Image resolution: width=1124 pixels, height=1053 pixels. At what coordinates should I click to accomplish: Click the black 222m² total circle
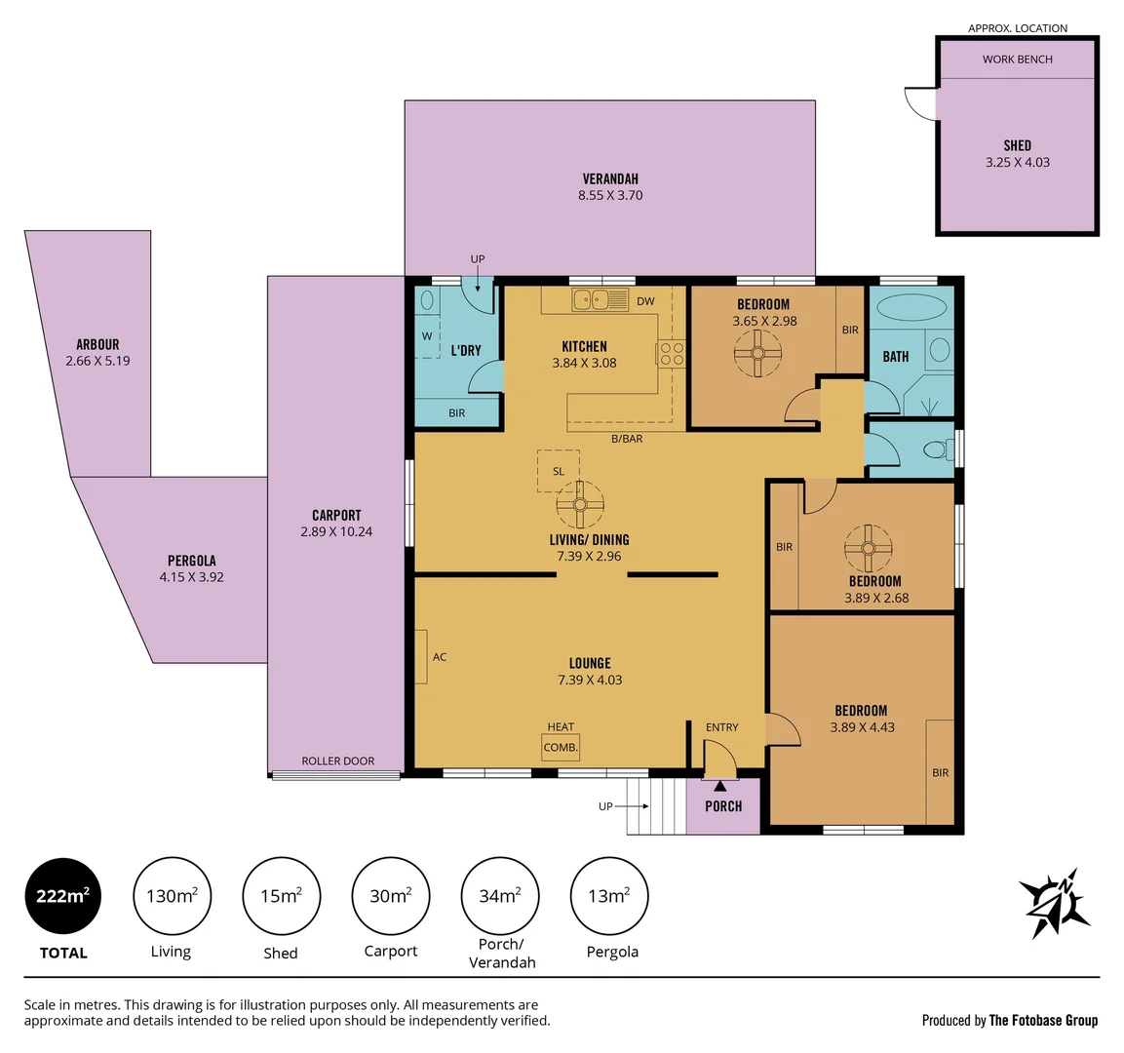tap(62, 896)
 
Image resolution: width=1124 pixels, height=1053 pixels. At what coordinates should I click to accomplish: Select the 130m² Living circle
tap(172, 896)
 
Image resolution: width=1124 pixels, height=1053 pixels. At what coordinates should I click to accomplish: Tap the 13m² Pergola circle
tap(609, 896)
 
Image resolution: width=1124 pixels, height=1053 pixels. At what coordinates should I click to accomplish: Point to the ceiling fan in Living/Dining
tap(580, 505)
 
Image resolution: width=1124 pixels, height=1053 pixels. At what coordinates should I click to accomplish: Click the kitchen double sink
tap(591, 300)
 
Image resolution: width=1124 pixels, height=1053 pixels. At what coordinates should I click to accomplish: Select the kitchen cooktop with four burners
tap(672, 353)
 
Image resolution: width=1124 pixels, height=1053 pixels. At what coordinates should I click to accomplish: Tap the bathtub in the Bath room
tap(911, 307)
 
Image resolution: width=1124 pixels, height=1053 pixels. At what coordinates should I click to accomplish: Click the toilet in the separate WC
tap(937, 450)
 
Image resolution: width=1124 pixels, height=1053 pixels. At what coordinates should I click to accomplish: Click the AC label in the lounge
tap(440, 657)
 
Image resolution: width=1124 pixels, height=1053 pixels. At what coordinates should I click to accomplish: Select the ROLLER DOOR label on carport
tap(337, 761)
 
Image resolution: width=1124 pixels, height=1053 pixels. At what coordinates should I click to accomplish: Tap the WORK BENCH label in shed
tap(1017, 59)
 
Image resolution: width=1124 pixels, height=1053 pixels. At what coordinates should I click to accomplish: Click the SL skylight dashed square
tap(559, 471)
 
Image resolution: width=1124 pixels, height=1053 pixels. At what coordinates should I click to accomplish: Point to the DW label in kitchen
tap(645, 301)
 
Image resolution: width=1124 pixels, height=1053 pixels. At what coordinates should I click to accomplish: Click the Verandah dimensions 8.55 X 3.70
tap(610, 195)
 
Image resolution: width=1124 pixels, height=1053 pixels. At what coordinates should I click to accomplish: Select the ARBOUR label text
tap(97, 344)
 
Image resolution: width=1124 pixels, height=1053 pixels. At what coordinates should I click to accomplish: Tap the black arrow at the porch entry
tap(719, 785)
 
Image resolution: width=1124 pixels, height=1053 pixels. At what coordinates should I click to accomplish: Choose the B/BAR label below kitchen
tap(627, 439)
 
